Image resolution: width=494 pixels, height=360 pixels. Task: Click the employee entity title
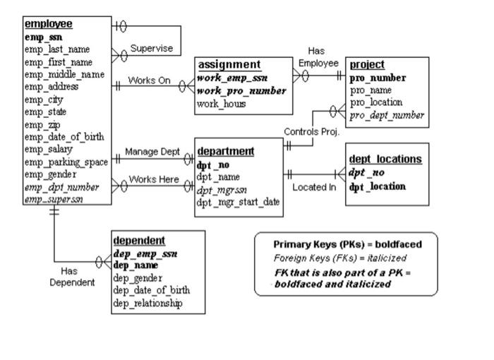tap(49, 24)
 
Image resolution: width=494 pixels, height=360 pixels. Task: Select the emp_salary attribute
tap(52, 149)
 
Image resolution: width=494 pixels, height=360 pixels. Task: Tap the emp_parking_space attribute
tap(66, 162)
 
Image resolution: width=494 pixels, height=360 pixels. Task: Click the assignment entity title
tap(229, 65)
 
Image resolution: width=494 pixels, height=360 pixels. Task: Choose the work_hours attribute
tap(222, 104)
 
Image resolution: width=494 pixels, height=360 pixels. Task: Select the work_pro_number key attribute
tap(241, 91)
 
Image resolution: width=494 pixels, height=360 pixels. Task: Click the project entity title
tap(368, 65)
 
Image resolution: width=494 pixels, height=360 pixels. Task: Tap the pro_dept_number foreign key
tap(387, 115)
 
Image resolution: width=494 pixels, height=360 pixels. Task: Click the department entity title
tap(226, 151)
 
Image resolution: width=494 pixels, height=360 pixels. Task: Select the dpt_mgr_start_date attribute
tap(239, 202)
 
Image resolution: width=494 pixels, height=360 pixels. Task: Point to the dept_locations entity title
tap(385, 159)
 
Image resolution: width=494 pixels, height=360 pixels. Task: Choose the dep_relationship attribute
tap(147, 304)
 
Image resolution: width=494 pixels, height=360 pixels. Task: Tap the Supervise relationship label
tap(152, 49)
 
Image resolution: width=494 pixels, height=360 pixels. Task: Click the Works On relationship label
tap(150, 80)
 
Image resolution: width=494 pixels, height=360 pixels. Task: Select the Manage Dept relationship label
tap(153, 151)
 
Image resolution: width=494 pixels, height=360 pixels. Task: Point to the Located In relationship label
tap(314, 187)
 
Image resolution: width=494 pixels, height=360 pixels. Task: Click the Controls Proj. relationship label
tap(312, 132)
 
